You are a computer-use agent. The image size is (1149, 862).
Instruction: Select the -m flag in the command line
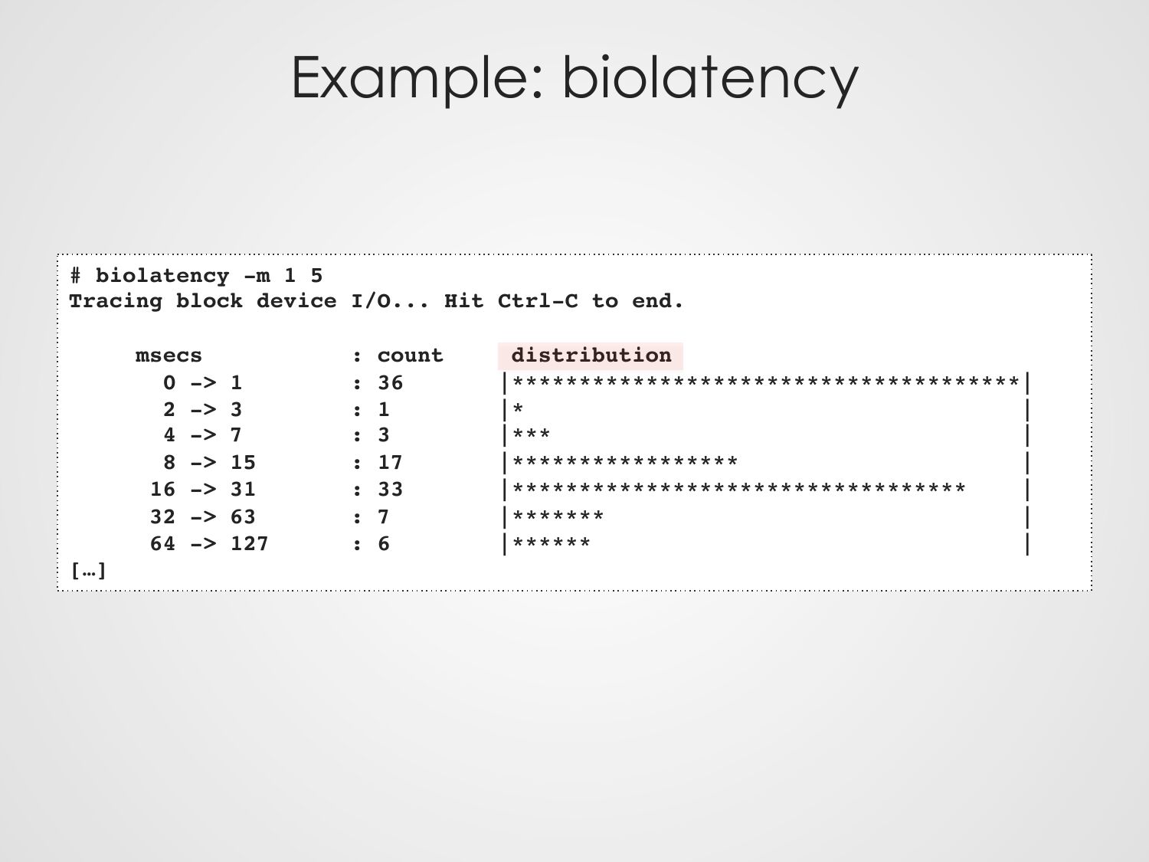pos(257,276)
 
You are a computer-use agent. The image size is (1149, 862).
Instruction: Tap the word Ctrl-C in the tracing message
pos(538,301)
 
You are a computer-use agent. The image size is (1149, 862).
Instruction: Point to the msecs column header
pos(169,356)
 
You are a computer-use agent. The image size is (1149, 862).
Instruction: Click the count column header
pos(411,356)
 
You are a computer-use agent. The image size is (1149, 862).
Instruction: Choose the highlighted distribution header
pos(591,356)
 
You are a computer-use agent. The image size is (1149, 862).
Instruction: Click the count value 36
pos(391,383)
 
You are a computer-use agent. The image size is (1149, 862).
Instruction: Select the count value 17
pos(391,463)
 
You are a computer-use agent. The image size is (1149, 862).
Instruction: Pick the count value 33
pos(391,490)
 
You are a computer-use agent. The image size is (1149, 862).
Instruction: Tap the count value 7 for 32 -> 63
pos(384,517)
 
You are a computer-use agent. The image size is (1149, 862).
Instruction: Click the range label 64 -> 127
pos(209,544)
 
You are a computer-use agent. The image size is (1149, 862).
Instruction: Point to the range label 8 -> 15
pos(209,463)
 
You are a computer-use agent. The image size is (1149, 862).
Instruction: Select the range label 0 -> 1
pos(202,383)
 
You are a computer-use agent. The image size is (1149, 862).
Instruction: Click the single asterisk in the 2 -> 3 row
pos(519,408)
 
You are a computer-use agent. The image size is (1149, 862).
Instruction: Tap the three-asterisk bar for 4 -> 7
pos(532,434)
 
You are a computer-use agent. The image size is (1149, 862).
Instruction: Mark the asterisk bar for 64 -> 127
pos(552,542)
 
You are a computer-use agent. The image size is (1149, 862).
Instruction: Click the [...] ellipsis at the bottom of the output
pos(88,571)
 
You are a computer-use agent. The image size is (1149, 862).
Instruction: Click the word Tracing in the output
pos(116,301)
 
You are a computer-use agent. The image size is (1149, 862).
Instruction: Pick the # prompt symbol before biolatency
pos(75,276)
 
